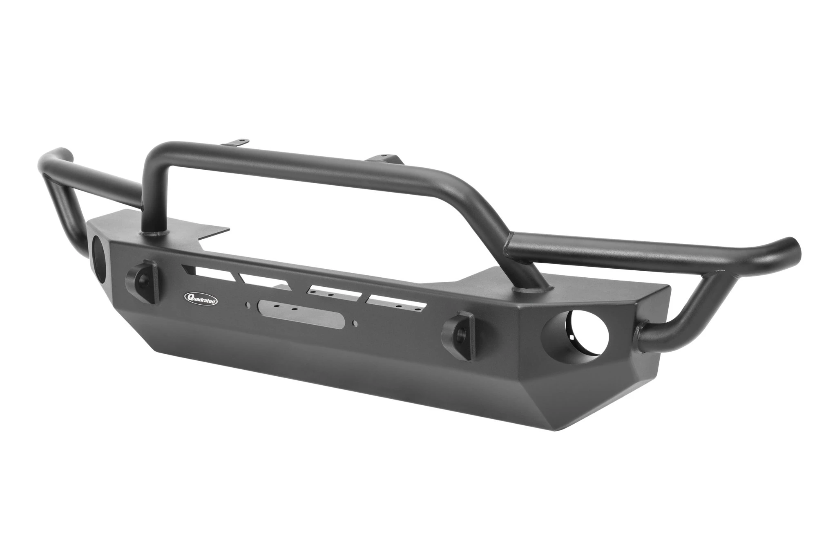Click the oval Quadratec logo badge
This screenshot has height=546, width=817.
pyautogui.click(x=201, y=299)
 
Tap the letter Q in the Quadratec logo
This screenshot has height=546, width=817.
pyautogui.click(x=189, y=297)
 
